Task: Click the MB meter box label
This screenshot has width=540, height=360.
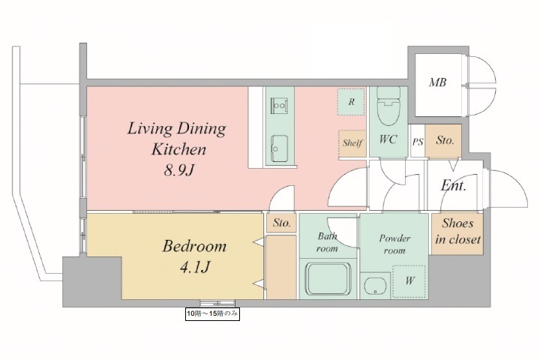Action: coord(437,82)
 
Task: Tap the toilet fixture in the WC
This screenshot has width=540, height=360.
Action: coord(388,106)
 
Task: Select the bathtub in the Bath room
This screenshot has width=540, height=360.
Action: coord(328,279)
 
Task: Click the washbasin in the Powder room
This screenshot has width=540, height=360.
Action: coord(375,285)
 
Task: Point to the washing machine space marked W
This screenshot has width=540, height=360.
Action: coord(409,281)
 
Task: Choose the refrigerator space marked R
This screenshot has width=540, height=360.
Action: coord(351,102)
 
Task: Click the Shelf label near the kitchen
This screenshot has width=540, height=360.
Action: coord(352,142)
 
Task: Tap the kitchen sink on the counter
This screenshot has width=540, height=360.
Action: coord(279,148)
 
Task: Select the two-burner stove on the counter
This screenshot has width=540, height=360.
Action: coord(279,106)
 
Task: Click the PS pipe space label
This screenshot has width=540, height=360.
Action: coord(418,142)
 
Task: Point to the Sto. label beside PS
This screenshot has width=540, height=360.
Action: coord(445,139)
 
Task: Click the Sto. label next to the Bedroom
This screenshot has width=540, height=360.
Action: coord(282,223)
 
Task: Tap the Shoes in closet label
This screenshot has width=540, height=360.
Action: coord(457,231)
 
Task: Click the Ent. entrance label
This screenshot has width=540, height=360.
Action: coord(454,186)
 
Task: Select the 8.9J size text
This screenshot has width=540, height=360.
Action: coord(179,169)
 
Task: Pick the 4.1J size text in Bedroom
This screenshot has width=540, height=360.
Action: coord(195,267)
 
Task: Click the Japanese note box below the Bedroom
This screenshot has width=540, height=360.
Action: coord(212,313)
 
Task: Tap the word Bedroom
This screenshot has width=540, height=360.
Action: coord(194,246)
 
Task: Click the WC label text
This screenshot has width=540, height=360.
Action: coord(388,139)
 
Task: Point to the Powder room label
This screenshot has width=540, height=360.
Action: coord(394,244)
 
